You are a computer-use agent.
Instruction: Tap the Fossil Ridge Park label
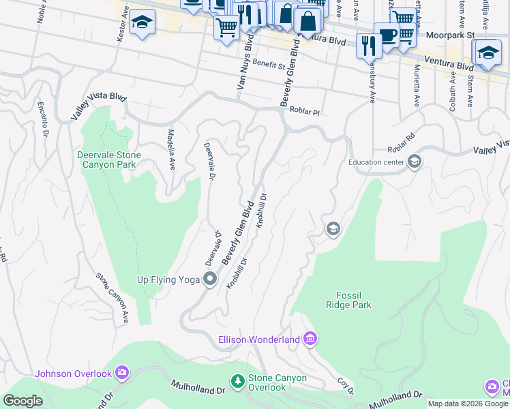[353, 300]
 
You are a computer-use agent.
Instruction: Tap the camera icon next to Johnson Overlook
[122, 372]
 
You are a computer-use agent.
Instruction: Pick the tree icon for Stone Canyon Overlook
[237, 382]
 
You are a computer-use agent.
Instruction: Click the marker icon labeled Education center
[414, 162]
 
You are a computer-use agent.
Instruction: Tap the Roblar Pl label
[304, 110]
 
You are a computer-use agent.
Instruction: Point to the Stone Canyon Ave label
[112, 298]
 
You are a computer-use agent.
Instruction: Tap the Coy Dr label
[346, 386]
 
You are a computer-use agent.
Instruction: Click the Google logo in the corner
[23, 400]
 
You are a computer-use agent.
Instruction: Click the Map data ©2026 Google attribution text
[468, 404]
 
